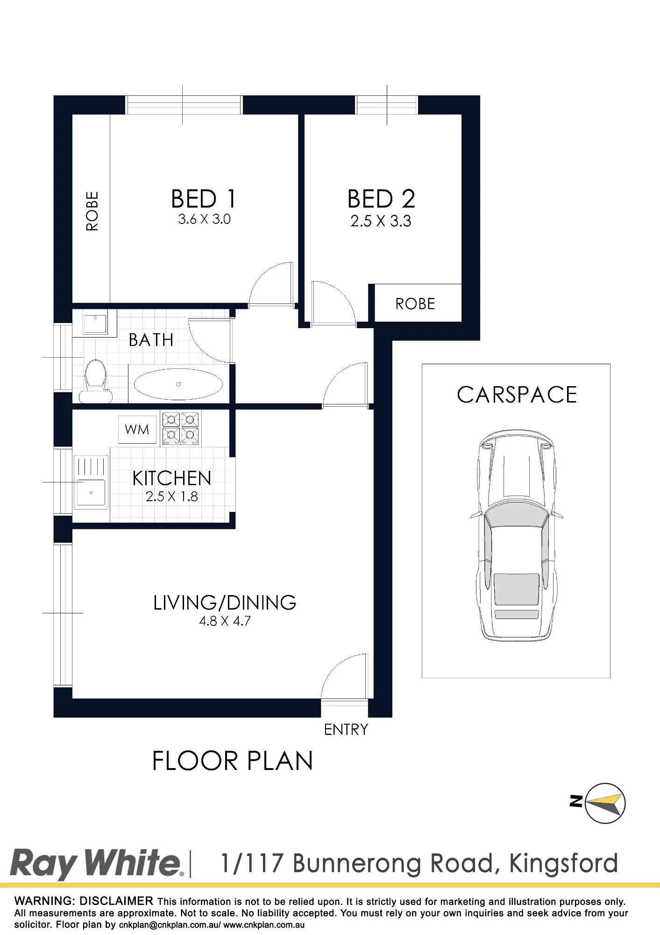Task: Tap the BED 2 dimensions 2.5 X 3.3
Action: pyautogui.click(x=381, y=221)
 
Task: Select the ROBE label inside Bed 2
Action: pyautogui.click(x=415, y=304)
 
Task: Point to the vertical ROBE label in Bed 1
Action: pyautogui.click(x=92, y=211)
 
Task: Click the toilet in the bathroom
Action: pyautogui.click(x=96, y=381)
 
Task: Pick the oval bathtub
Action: pyautogui.click(x=178, y=384)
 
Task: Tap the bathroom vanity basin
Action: pyautogui.click(x=95, y=323)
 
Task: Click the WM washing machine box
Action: pyautogui.click(x=137, y=429)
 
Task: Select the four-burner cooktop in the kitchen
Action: pyautogui.click(x=180, y=428)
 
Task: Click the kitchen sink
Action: pyautogui.click(x=91, y=482)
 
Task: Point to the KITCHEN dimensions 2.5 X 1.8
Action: pyautogui.click(x=172, y=496)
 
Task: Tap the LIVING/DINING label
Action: pyautogui.click(x=225, y=603)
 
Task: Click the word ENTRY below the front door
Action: pyautogui.click(x=346, y=729)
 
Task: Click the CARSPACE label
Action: pyautogui.click(x=517, y=395)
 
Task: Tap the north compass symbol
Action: pyautogui.click(x=600, y=803)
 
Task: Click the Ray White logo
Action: pyautogui.click(x=97, y=864)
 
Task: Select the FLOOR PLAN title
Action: pyautogui.click(x=232, y=761)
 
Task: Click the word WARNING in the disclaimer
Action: pyautogui.click(x=44, y=901)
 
